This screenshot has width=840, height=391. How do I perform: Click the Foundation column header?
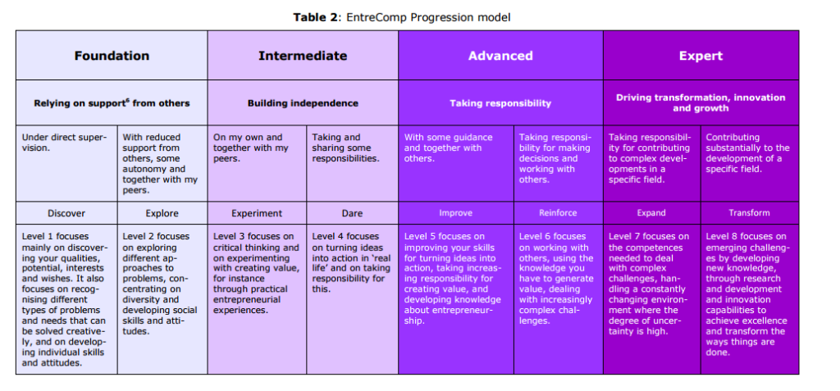112,56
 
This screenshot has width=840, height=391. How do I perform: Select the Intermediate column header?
303,56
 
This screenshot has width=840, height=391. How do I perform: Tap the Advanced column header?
500,56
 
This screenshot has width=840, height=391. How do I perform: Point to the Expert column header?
701,56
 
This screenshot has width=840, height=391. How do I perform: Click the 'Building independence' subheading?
303,102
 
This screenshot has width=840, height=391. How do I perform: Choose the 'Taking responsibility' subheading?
500,102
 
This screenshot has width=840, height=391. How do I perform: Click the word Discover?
66,213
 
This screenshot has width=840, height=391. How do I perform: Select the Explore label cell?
162,213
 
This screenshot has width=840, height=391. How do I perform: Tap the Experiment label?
257,213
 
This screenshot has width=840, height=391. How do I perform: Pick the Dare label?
352,213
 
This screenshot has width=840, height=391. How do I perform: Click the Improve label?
456,213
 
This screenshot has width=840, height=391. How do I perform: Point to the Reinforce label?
558,213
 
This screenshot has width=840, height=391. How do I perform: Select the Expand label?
651,213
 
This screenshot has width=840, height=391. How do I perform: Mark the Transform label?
749,213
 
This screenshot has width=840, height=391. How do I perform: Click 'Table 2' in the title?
316,17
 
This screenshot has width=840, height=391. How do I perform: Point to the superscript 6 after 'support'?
128,100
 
